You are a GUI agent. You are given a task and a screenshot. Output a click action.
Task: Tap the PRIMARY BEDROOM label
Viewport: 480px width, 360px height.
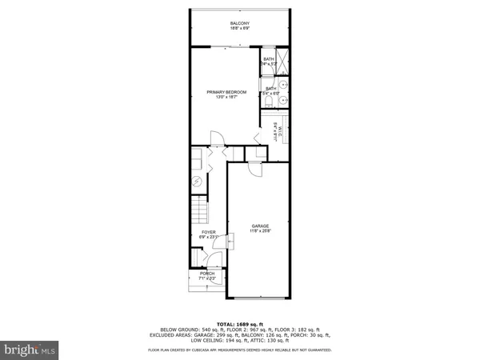click(226, 92)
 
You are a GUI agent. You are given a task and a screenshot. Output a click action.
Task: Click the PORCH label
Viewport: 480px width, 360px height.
click(207, 273)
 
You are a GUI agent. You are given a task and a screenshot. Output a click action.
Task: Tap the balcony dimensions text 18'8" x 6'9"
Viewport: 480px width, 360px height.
click(239, 29)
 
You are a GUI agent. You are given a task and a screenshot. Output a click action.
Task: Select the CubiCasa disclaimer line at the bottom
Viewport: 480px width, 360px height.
click(239, 350)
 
